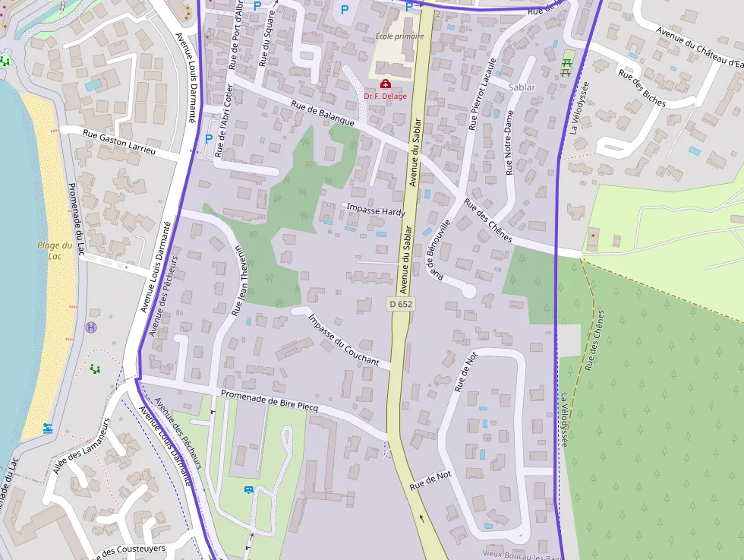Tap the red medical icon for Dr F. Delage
(386, 84)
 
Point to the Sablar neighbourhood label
(522, 87)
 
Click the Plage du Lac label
(55, 250)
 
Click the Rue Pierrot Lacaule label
(482, 93)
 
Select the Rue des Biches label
(642, 88)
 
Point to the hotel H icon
(92, 327)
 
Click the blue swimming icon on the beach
(48, 429)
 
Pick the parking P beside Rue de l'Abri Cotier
(209, 138)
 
